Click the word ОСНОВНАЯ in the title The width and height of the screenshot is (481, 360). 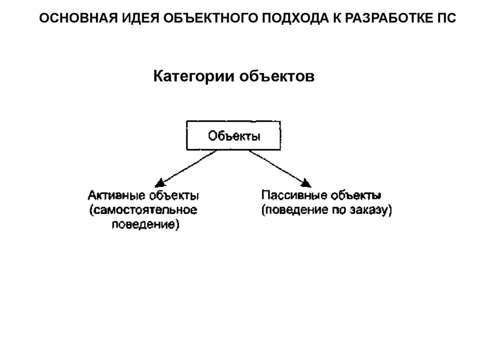76,19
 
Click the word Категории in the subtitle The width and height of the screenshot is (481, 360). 194,76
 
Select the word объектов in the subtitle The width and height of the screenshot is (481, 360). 277,76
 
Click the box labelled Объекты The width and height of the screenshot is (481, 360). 234,137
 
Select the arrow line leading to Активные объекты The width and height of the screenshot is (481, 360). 188,167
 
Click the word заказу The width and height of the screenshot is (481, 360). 370,210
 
